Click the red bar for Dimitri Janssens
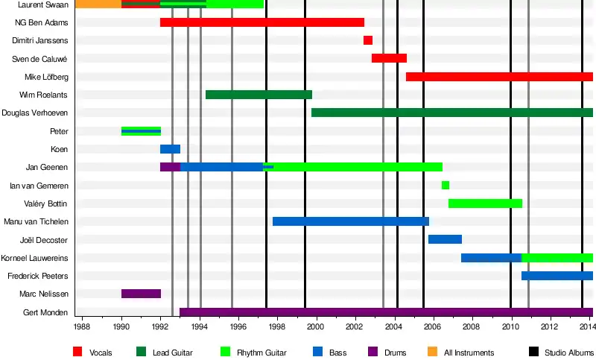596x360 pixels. point(368,40)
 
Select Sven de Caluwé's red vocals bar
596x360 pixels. point(389,58)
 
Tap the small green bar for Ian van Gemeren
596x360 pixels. point(446,185)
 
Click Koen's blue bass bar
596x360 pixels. point(170,149)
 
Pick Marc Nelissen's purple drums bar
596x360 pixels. point(141,294)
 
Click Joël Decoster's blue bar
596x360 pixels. point(445,239)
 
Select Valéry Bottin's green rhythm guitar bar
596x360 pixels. point(485,203)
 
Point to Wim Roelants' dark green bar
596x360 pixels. point(259,95)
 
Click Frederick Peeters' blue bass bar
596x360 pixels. point(557,276)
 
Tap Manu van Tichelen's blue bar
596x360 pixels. point(350,221)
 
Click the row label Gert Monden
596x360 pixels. point(46,312)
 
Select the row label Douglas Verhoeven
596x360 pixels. point(35,113)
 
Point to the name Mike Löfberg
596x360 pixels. point(46,77)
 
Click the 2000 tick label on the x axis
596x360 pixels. point(316,327)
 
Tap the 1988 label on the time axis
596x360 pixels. point(83,327)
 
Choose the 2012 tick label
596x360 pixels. point(549,327)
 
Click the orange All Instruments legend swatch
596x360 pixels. point(433,352)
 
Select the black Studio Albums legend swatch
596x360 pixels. point(533,352)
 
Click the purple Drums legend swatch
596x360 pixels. point(373,352)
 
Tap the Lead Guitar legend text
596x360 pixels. point(172,353)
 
